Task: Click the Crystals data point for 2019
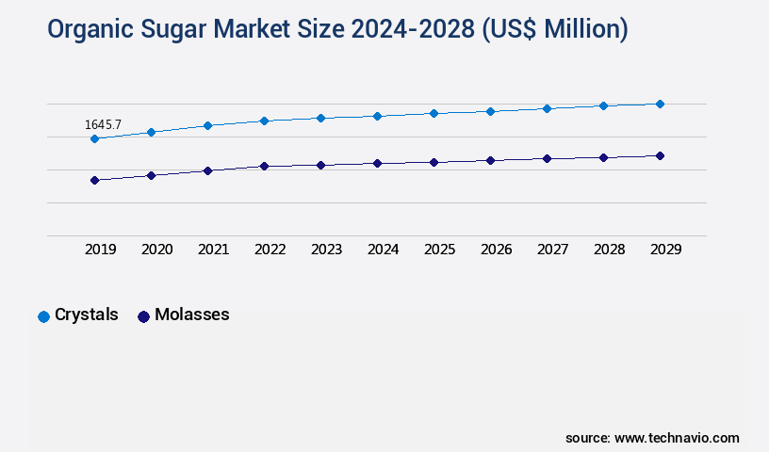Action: point(94,138)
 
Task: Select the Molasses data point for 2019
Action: point(94,180)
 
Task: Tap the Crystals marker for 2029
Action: point(660,104)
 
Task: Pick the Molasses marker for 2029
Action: point(660,155)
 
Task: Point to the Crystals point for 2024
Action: point(377,116)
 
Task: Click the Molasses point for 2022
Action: point(264,166)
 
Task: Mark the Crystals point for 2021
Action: point(207,125)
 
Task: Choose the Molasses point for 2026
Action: point(490,160)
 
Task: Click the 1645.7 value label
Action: point(103,124)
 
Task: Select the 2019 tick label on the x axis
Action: point(101,250)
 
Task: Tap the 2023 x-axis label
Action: point(327,250)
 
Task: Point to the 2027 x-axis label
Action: point(553,250)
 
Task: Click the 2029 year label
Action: point(666,250)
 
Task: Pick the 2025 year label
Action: point(440,250)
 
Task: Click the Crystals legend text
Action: point(87,315)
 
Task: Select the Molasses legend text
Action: point(192,315)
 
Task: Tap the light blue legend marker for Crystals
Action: point(43,316)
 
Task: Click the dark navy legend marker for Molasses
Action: point(144,316)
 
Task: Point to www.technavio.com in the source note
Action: point(677,438)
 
